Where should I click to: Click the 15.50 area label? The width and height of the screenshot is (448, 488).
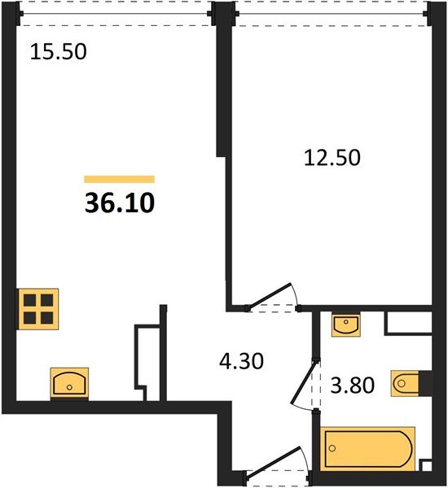click(59, 52)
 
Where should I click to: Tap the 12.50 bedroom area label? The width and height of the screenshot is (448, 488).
click(332, 158)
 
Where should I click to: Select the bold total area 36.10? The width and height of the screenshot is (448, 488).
click(120, 203)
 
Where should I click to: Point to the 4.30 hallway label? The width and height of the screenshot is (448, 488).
click(241, 361)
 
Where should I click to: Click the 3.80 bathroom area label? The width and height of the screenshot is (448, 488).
click(352, 385)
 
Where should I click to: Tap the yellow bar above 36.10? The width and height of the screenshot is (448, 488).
click(120, 179)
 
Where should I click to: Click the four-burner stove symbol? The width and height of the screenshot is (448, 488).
click(38, 309)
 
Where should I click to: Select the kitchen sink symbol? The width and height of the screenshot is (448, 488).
click(69, 382)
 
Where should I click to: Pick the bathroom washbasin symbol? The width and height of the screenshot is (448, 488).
click(346, 325)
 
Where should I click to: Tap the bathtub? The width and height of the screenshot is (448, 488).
click(368, 449)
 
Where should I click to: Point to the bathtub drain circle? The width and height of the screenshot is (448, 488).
click(332, 448)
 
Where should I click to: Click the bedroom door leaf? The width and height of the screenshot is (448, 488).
click(270, 296)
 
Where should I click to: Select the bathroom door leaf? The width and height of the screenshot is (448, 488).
click(304, 381)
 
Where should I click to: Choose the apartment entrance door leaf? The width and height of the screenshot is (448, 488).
click(275, 460)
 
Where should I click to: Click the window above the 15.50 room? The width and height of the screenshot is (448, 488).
click(116, 14)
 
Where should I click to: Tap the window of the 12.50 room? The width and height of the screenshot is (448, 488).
click(332, 14)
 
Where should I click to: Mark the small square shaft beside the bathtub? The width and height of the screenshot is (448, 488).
click(427, 466)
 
